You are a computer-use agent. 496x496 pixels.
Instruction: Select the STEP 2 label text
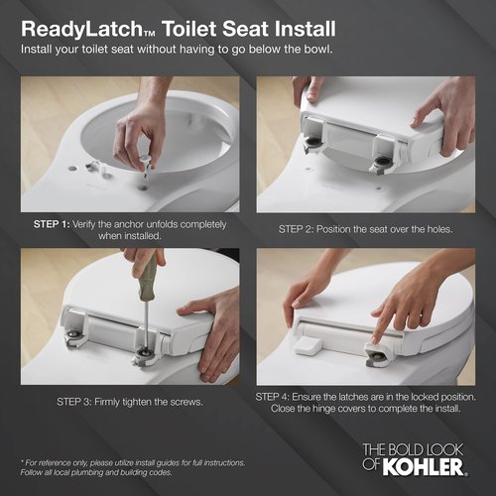coord(302,229)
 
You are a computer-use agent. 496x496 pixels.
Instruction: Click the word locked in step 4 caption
coord(427,396)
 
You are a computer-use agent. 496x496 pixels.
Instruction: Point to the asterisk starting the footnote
coord(22,462)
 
